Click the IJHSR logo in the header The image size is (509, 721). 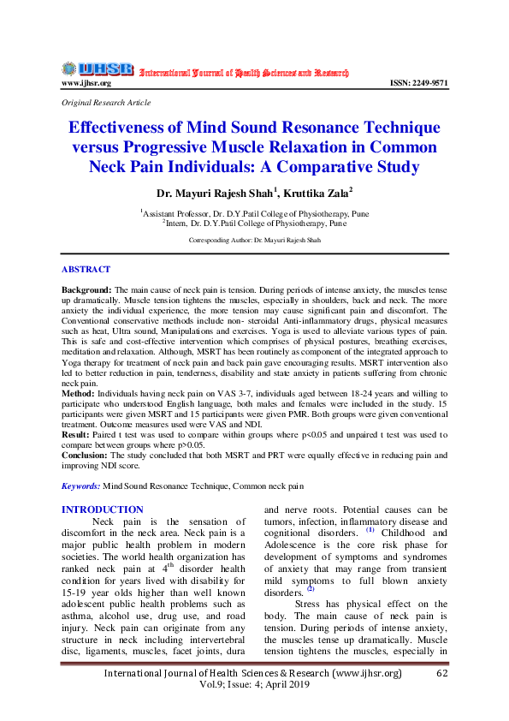(x=97, y=69)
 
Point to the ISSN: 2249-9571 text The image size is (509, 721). (x=418, y=84)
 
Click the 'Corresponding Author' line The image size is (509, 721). (x=254, y=241)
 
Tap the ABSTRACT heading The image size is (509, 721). (x=86, y=270)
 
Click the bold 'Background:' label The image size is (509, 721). (x=86, y=292)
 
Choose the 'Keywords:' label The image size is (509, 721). (x=81, y=486)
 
